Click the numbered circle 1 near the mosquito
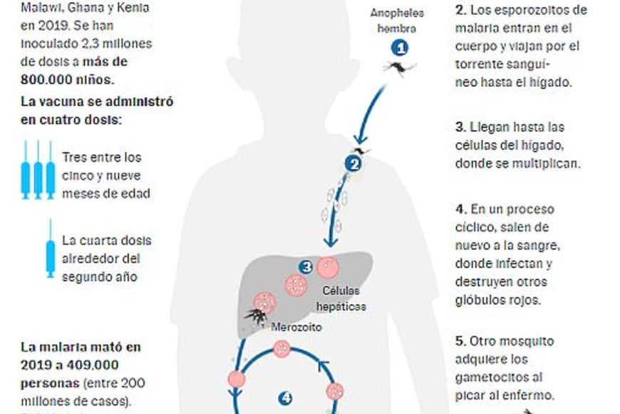401,49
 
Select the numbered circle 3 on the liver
306,267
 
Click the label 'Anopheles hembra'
398,21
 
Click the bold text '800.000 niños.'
63,79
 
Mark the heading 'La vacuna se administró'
96,101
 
